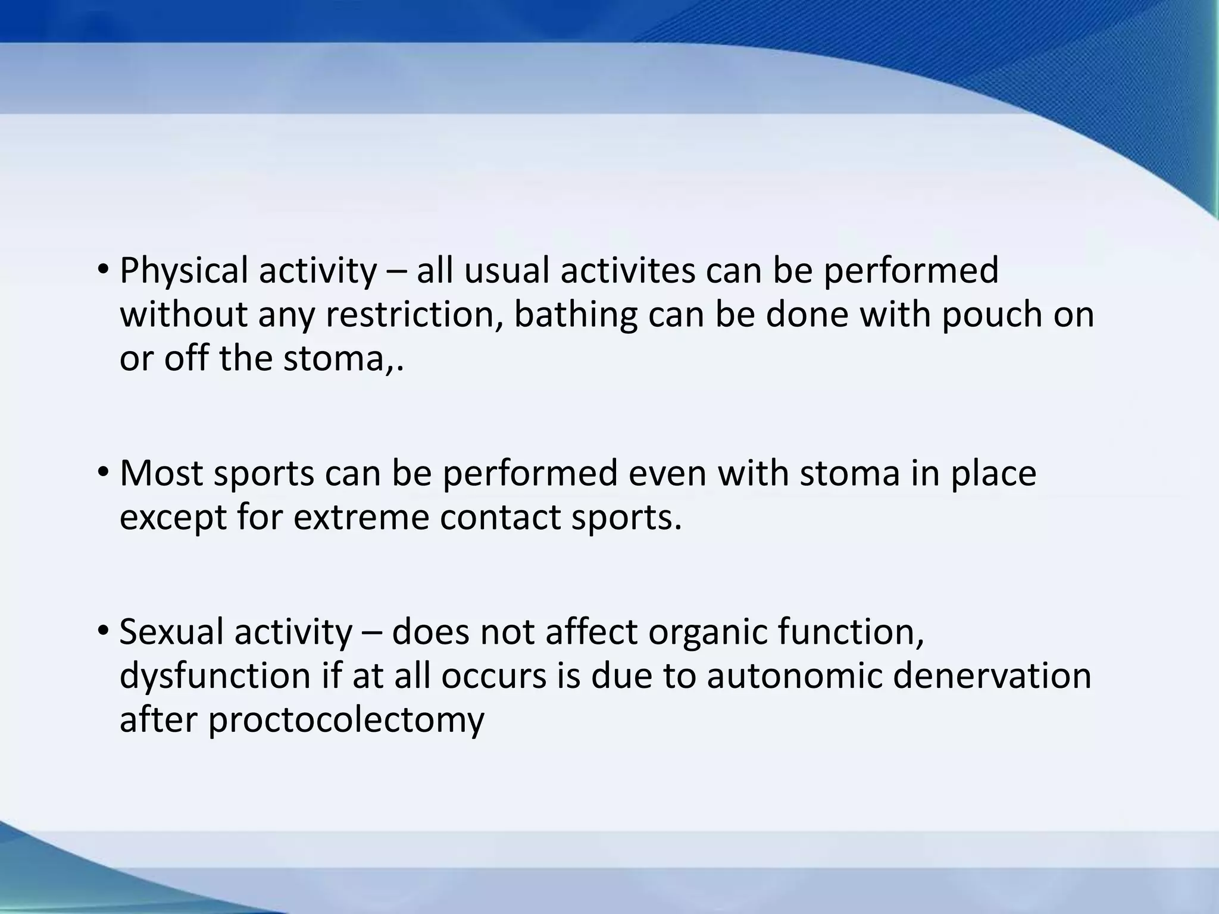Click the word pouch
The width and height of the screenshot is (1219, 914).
tap(992, 315)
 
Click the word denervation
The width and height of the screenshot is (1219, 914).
tap(992, 676)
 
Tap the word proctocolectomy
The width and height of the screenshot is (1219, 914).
tap(346, 720)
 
